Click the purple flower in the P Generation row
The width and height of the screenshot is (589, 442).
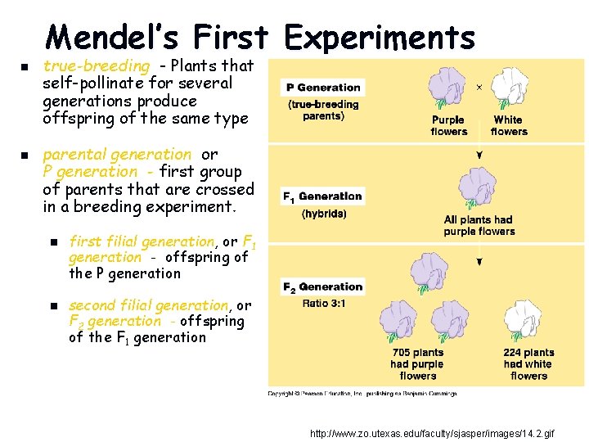447,88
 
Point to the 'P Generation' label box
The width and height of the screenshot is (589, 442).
323,88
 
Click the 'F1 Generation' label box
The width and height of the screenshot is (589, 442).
322,196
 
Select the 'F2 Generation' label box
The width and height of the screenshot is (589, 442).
322,287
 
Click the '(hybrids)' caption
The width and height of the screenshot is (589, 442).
324,214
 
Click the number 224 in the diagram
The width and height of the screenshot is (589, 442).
514,353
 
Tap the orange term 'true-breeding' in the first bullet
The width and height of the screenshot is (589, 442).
97,65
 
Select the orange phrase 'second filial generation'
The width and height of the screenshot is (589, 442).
148,305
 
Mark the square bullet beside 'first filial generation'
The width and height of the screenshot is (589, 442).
52,242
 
